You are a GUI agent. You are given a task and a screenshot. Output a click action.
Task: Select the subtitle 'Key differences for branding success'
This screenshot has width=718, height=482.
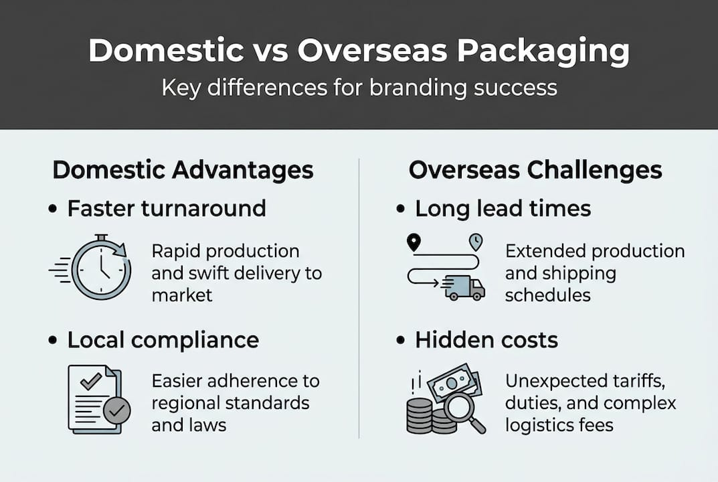coord(359,88)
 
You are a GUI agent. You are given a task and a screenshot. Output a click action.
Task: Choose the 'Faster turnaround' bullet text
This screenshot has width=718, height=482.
coord(167,208)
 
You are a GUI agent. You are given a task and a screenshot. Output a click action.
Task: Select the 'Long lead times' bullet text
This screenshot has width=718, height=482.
coord(503,208)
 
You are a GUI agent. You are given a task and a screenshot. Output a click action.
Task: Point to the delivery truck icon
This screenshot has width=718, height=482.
coord(464,287)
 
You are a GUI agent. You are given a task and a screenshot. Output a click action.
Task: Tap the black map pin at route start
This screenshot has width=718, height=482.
coord(414,242)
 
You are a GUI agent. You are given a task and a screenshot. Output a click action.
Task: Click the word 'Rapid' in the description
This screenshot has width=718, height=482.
coord(176,251)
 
